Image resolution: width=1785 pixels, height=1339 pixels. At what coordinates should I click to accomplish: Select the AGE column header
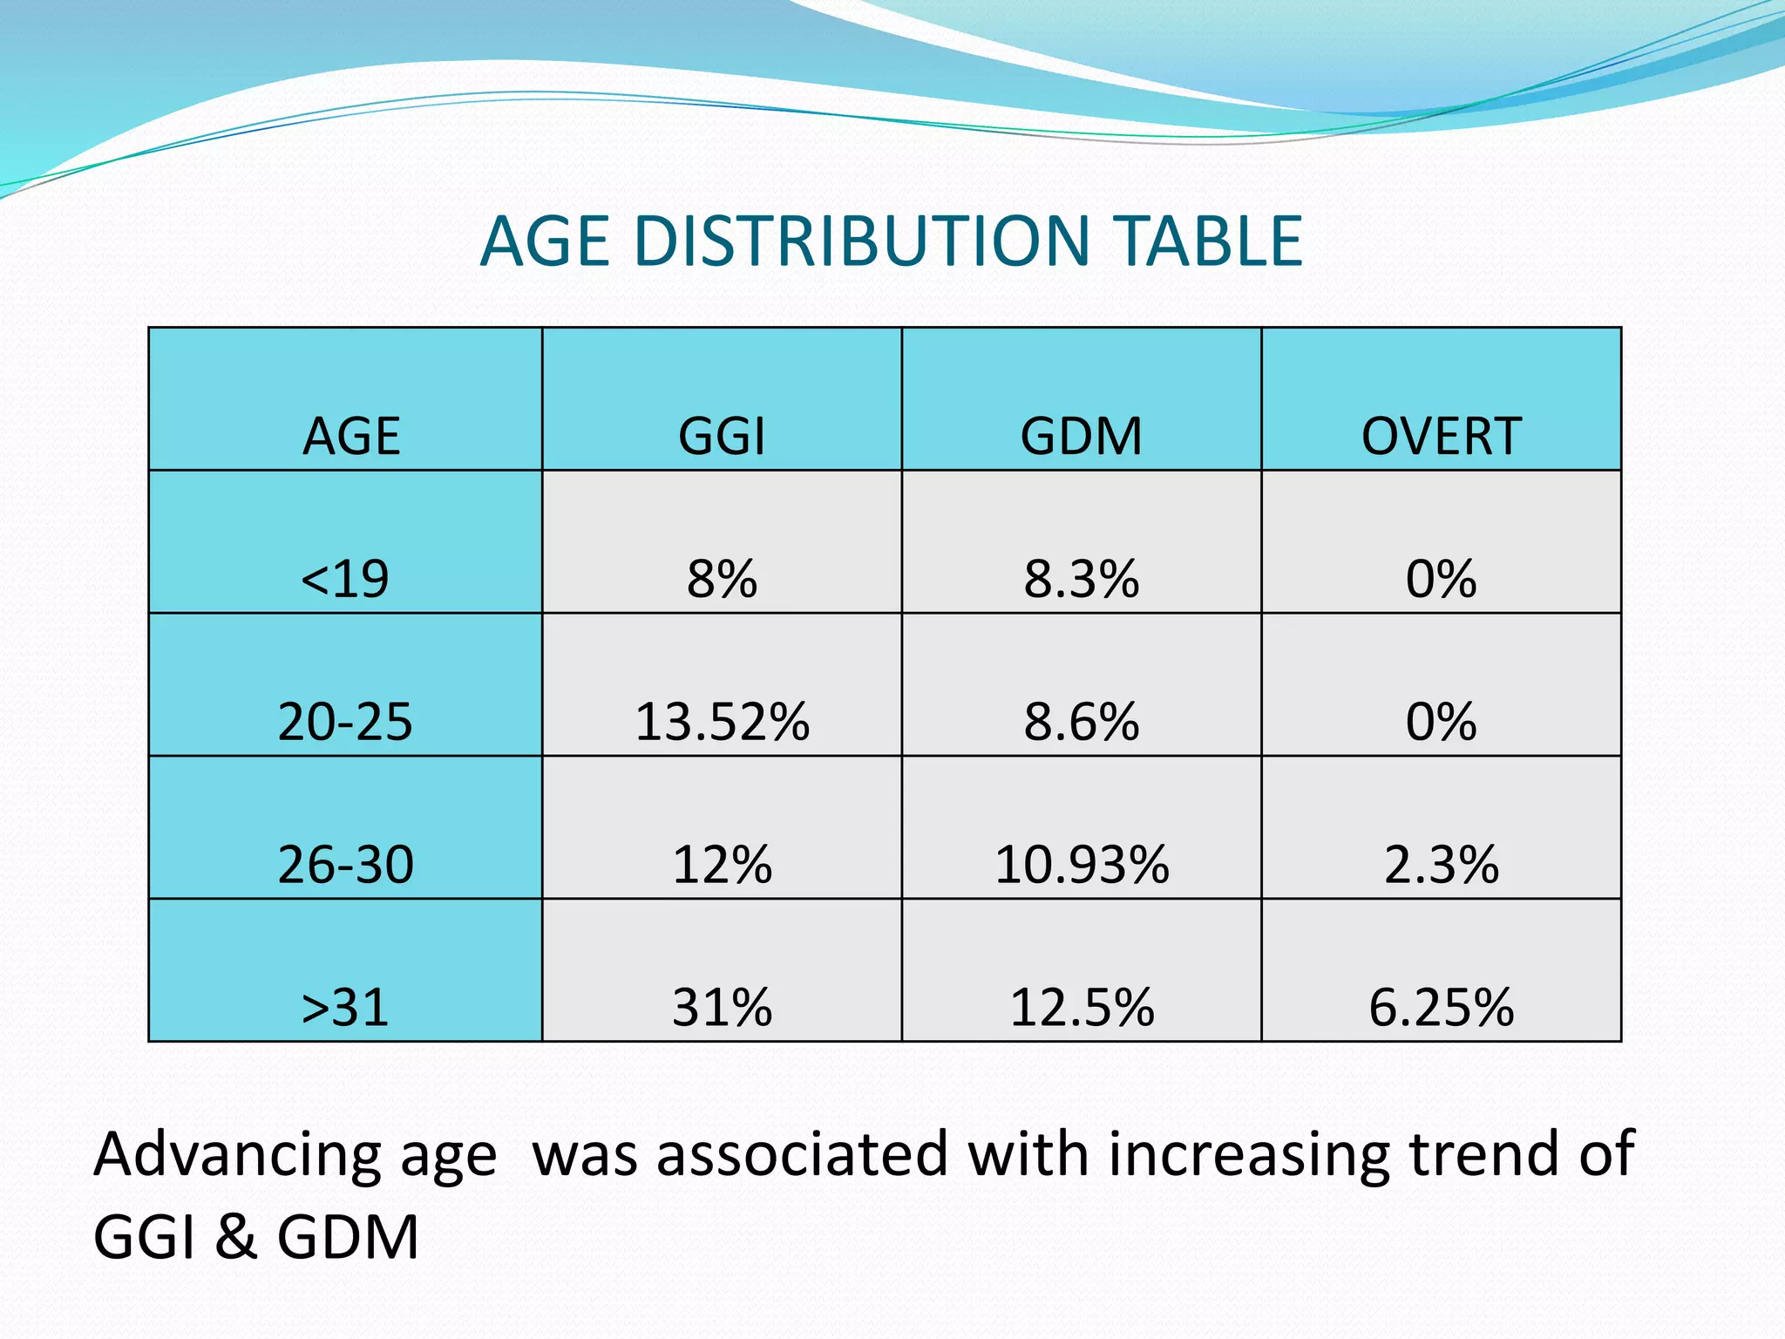click(351, 436)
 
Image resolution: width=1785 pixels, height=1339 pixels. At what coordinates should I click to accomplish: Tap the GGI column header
click(722, 436)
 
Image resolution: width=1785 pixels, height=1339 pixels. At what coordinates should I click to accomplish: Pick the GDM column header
click(1081, 436)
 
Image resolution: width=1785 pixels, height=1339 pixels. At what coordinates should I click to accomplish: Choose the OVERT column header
click(1441, 436)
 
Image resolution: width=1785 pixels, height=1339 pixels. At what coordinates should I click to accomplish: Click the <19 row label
click(345, 579)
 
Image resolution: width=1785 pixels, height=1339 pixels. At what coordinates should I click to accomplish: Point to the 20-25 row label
click(345, 722)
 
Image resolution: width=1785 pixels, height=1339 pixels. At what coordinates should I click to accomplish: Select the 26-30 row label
click(345, 865)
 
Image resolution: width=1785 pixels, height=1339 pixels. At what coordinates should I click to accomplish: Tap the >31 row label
click(345, 1008)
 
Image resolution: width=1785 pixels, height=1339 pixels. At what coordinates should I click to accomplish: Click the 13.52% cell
click(722, 722)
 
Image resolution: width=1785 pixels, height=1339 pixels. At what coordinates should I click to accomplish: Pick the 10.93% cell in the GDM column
click(1081, 865)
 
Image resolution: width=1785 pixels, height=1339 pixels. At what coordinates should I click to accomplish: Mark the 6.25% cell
click(1441, 1008)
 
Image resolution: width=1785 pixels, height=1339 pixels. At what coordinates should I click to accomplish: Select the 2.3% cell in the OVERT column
click(1441, 865)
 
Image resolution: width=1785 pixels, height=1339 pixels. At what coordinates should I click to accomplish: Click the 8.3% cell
click(1081, 579)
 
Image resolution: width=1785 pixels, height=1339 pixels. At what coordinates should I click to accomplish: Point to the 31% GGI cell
click(722, 1008)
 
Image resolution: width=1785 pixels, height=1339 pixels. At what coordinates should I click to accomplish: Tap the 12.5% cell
click(1081, 1008)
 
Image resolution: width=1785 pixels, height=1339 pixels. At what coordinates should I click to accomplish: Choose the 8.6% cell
click(1081, 722)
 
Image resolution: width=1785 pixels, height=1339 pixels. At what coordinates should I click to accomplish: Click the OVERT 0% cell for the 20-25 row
click(1441, 722)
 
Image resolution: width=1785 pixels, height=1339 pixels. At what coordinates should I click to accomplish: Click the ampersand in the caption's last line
click(235, 1238)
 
